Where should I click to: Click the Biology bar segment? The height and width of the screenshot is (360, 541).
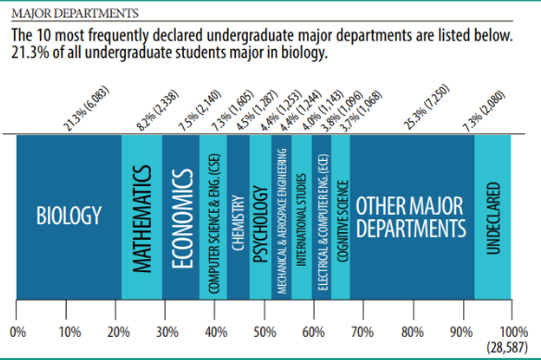(x=69, y=217)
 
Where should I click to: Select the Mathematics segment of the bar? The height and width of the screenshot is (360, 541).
(x=141, y=217)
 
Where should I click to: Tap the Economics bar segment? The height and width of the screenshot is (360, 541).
(x=180, y=217)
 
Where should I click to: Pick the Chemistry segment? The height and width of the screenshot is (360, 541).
(x=239, y=217)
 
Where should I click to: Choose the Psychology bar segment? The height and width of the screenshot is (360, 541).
(x=261, y=217)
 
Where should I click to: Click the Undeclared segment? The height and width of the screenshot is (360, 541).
(x=493, y=217)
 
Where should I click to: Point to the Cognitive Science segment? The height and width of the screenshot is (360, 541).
(x=340, y=217)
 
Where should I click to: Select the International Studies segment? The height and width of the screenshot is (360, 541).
(x=301, y=217)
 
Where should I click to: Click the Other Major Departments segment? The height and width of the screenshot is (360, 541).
(x=412, y=217)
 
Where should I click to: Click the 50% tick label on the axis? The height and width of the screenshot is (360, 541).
(x=264, y=332)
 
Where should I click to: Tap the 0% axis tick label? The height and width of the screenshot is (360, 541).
(x=18, y=332)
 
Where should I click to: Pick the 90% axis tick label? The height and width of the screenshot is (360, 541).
(x=461, y=332)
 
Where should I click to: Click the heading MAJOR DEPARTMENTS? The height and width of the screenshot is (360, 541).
(x=75, y=14)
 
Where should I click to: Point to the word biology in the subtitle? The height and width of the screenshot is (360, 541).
(x=303, y=53)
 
